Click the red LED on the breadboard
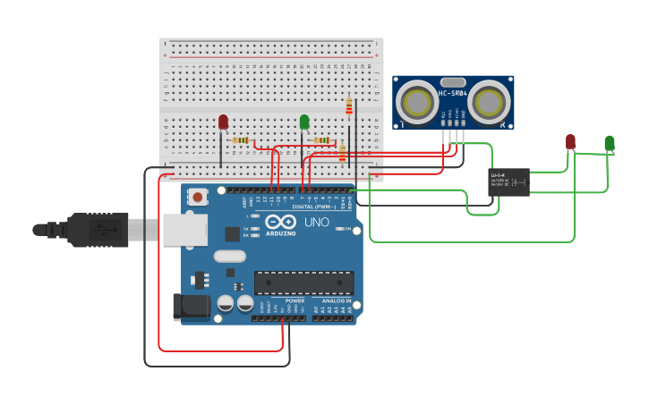click(x=223, y=122)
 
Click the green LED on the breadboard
click(x=304, y=122)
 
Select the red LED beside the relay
click(x=570, y=142)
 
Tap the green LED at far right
click(x=610, y=143)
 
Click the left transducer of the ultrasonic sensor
click(x=418, y=102)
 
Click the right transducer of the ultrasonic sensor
click(x=491, y=102)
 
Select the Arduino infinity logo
click(x=280, y=223)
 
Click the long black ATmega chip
click(x=303, y=283)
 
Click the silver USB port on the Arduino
click(x=185, y=230)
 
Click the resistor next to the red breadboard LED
click(x=240, y=140)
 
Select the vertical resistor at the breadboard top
click(x=349, y=108)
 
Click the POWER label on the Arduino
click(x=295, y=301)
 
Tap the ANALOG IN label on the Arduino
click(x=337, y=301)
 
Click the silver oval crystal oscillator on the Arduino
click(x=229, y=256)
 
